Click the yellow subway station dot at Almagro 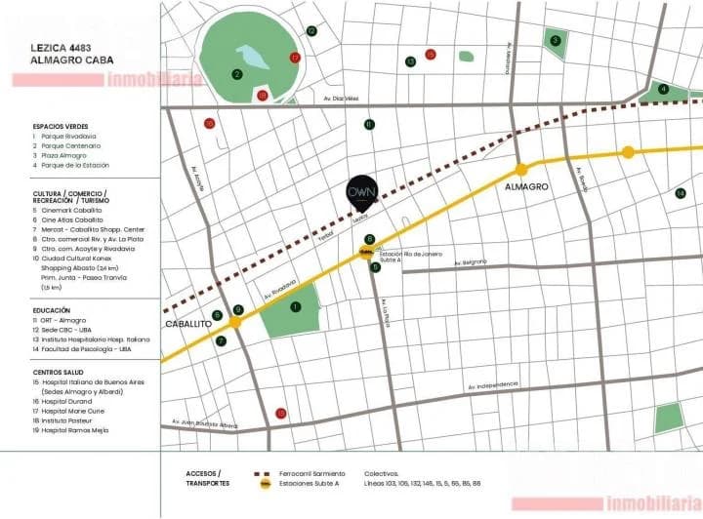[x=521, y=169]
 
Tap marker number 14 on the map [x=681, y=193]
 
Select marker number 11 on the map [x=369, y=124]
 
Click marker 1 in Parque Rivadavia [x=295, y=306]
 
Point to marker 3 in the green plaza [x=555, y=41]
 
